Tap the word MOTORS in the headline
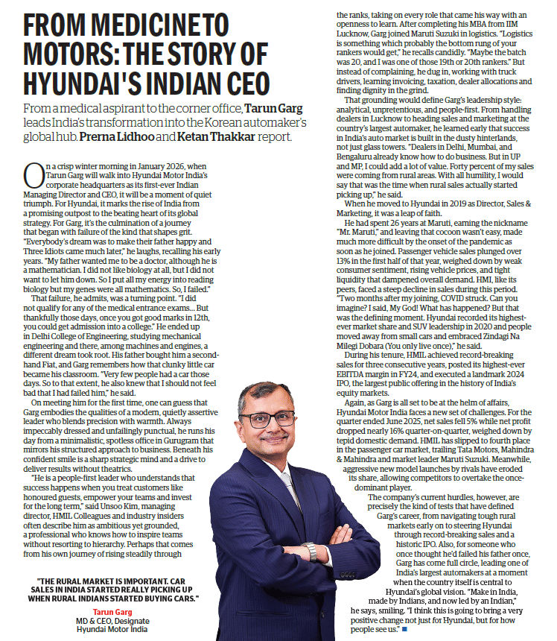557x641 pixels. click(75, 57)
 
